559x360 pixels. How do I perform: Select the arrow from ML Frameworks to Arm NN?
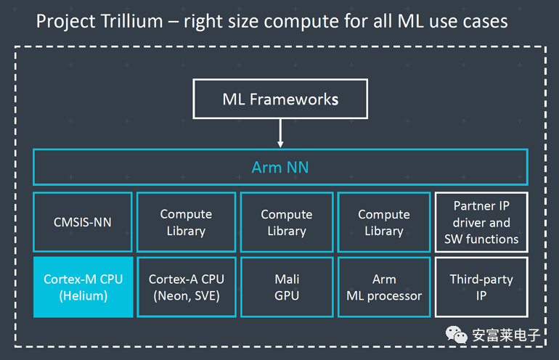click(x=280, y=133)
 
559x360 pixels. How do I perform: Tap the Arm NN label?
click(x=280, y=167)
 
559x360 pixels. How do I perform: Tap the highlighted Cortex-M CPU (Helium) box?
click(x=83, y=287)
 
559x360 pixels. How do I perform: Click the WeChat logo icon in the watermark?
click(x=456, y=335)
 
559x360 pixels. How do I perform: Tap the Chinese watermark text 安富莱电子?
click(x=506, y=335)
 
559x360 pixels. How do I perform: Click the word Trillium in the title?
click(x=132, y=21)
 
